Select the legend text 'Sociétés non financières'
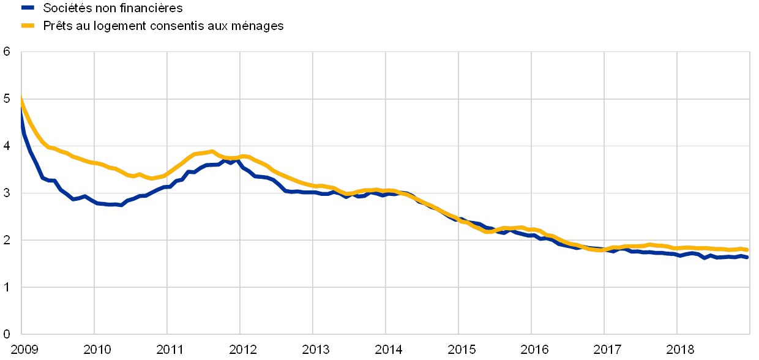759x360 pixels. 113,8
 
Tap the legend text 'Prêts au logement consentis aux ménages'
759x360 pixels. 164,26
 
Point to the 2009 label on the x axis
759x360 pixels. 21,350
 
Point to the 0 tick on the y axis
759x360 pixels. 7,334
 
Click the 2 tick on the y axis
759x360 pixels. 7,240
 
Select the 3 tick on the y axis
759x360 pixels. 7,193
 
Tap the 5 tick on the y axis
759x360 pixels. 7,99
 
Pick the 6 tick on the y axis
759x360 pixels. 7,52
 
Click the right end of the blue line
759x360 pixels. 747,258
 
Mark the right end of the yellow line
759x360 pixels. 747,250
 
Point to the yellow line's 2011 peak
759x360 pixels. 212,151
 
